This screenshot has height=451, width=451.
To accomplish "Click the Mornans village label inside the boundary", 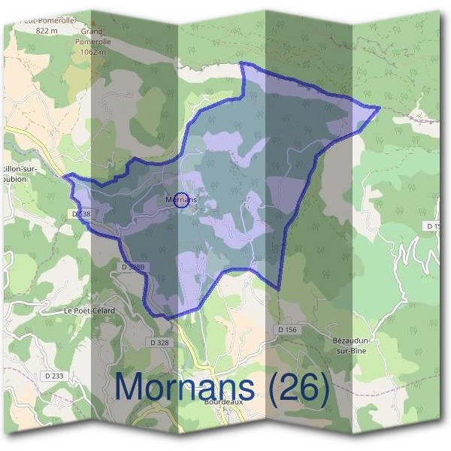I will pyautogui.click(x=180, y=200).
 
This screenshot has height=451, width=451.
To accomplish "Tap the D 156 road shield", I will pyautogui.click(x=287, y=329).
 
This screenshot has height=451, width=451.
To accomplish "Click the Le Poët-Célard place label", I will pyautogui.click(x=89, y=310).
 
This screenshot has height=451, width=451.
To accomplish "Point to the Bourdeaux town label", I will pyautogui.click(x=223, y=402).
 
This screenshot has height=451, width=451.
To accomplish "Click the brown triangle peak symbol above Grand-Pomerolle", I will pyautogui.click(x=96, y=23).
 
